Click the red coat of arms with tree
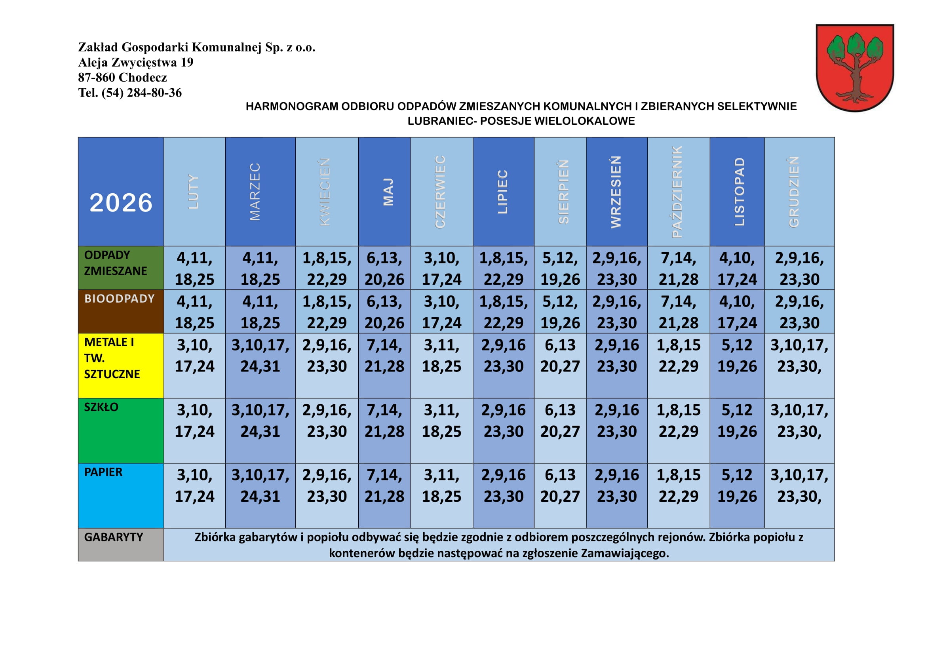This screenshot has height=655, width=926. click(855, 68)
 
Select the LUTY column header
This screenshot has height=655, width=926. click(194, 192)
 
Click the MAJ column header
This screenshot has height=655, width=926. click(384, 192)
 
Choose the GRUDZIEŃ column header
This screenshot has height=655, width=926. click(799, 192)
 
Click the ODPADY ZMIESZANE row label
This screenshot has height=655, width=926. click(121, 268)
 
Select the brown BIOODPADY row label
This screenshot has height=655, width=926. click(121, 311)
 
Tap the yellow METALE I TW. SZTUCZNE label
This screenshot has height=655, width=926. click(121, 366)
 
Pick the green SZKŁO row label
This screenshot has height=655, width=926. click(121, 430)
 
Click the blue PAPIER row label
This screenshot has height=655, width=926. click(121, 495)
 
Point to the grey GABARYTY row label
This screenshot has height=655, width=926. click(121, 545)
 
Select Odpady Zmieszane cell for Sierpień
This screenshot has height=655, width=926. click(560, 268)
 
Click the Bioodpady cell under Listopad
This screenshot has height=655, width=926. click(737, 312)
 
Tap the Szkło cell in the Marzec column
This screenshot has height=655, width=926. click(260, 421)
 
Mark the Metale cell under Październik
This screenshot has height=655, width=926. click(679, 356)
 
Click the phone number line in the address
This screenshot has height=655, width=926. click(130, 93)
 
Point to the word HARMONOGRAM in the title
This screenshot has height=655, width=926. click(292, 107)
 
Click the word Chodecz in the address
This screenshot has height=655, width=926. click(143, 78)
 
